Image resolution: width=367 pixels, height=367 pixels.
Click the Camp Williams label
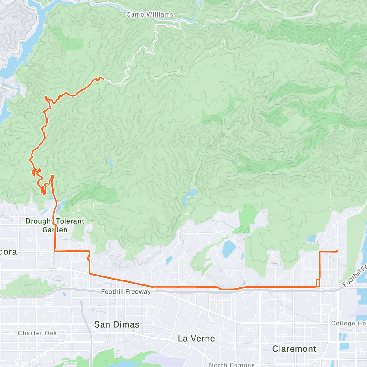click(150, 14)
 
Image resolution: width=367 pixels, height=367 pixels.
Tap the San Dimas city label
click(117, 324)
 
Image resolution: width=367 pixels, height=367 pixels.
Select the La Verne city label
click(196, 339)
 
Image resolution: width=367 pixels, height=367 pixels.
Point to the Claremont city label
click(294, 349)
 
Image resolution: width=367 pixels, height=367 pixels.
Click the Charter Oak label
click(37, 333)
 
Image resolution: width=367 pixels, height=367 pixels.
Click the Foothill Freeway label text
click(126, 292)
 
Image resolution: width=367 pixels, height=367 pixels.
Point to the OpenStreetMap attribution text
click(64, 363)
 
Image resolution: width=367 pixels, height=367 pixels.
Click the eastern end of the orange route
click(337, 251)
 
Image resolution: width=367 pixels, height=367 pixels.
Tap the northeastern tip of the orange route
click(103, 79)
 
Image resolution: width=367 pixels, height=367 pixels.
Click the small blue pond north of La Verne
click(228, 249)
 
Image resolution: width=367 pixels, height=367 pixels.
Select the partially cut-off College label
click(348, 324)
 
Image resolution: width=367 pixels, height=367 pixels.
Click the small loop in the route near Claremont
click(318, 283)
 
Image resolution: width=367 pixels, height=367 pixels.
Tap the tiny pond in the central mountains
click(111, 164)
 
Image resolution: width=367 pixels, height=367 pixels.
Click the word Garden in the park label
click(55, 230)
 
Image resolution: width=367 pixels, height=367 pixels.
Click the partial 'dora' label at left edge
click(8, 252)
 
